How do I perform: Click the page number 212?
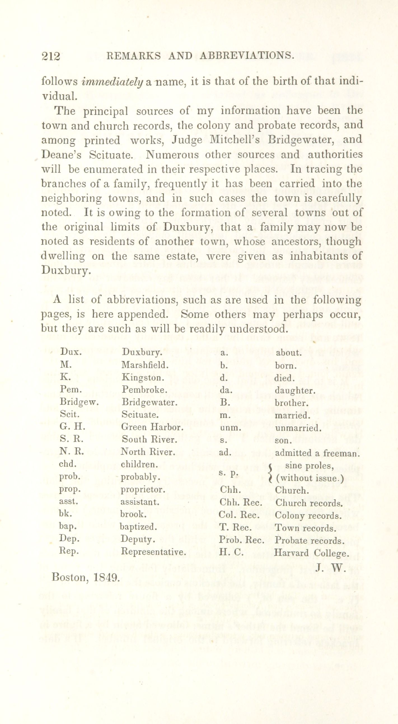tap(51, 56)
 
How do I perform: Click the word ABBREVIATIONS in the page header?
tap(247, 55)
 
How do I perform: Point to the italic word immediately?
tap(113, 82)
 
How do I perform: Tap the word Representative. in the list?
tap(153, 552)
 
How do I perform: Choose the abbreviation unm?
tap(230, 427)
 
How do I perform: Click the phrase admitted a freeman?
tap(318, 453)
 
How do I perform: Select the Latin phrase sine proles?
tap(310, 466)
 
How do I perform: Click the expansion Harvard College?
tap(312, 553)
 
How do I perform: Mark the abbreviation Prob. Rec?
tap(242, 540)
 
